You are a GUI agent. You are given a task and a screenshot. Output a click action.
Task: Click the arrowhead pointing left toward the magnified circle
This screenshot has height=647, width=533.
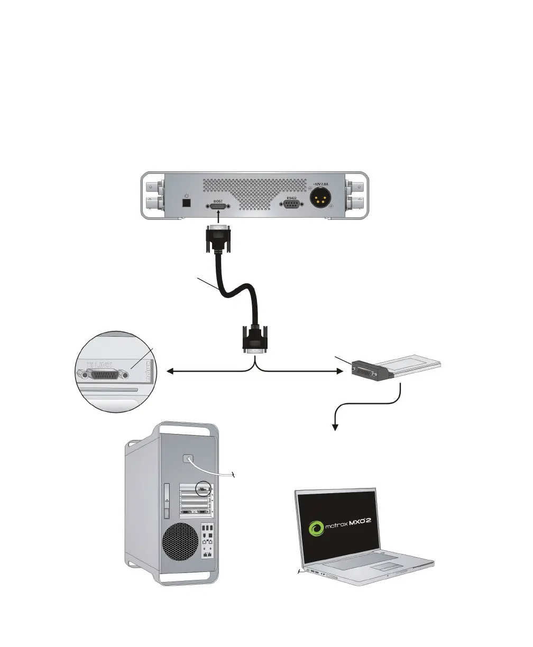(170, 373)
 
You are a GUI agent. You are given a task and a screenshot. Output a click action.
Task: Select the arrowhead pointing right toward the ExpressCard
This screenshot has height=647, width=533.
(339, 373)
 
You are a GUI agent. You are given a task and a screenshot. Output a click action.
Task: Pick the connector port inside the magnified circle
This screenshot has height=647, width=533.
(103, 374)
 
